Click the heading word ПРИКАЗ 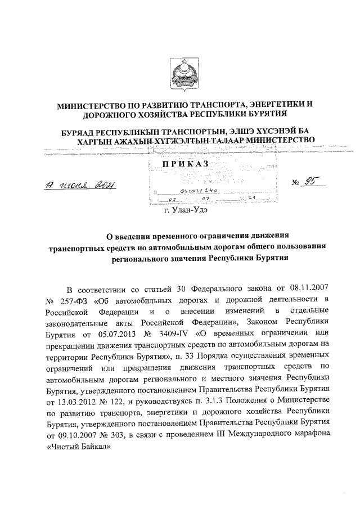point(185,163)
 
